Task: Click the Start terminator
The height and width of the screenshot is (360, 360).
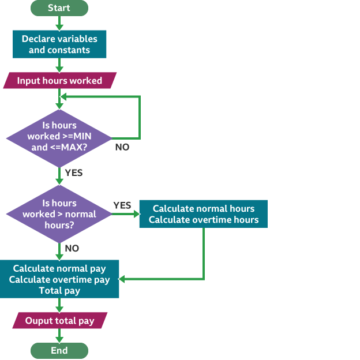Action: click(59, 8)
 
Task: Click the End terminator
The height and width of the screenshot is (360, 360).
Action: click(59, 351)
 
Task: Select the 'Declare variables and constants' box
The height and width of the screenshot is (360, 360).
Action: click(59, 44)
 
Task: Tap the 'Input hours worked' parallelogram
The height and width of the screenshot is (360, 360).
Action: click(59, 81)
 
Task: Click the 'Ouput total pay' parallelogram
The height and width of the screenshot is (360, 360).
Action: click(59, 320)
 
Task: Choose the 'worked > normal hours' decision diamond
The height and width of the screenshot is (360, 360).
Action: click(59, 213)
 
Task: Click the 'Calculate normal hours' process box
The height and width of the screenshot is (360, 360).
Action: click(203, 214)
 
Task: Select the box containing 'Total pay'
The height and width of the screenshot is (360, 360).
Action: click(59, 279)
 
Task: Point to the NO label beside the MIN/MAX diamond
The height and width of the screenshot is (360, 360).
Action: click(122, 147)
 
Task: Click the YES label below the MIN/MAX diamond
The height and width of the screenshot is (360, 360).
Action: click(74, 172)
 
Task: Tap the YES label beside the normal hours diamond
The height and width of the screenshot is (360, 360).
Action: click(122, 205)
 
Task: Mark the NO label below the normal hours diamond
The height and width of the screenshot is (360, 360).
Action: click(72, 248)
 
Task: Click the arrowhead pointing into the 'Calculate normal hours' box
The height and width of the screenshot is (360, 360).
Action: click(136, 214)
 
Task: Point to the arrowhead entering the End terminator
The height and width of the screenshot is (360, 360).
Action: click(59, 340)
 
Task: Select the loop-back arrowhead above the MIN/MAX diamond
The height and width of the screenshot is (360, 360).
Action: click(63, 97)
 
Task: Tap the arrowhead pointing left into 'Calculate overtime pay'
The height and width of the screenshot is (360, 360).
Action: click(122, 279)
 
